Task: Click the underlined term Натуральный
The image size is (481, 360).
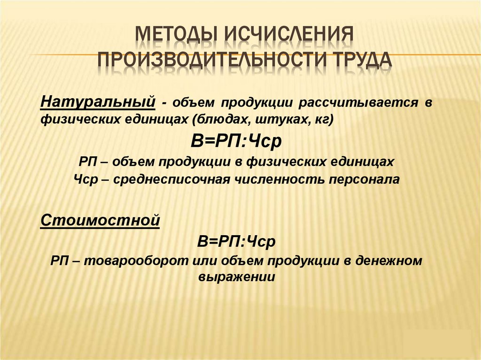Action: point(97,101)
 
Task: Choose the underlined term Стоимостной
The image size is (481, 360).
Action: point(100,220)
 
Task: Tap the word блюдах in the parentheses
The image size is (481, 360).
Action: point(221,119)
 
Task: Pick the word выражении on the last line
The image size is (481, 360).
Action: point(236,277)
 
